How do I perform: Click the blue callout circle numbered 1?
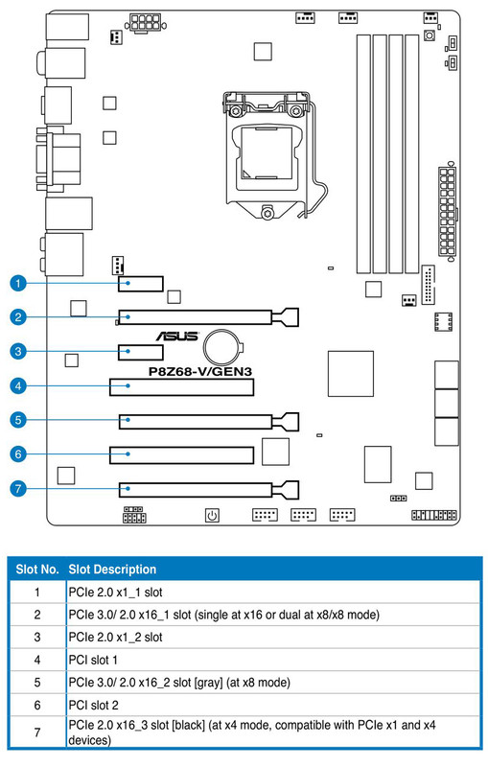[x=18, y=283]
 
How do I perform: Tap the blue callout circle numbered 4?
[x=18, y=386]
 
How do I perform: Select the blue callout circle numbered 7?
[x=18, y=489]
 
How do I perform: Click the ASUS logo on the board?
[x=177, y=337]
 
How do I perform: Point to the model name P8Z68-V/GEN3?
[x=200, y=372]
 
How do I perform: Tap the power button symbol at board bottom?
[x=212, y=515]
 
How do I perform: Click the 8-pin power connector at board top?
[x=145, y=22]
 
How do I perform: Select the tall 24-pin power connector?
[x=447, y=212]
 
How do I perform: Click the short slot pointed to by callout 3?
[x=141, y=352]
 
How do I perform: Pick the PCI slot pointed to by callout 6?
[x=181, y=454]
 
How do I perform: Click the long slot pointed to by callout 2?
[x=208, y=317]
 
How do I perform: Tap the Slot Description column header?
[x=112, y=569]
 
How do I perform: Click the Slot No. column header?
[x=37, y=569]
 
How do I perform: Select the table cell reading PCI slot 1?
[x=93, y=660]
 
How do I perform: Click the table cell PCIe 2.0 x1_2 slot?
[x=115, y=638]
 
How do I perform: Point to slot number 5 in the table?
[x=37, y=683]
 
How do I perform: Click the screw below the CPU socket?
[x=267, y=213]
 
